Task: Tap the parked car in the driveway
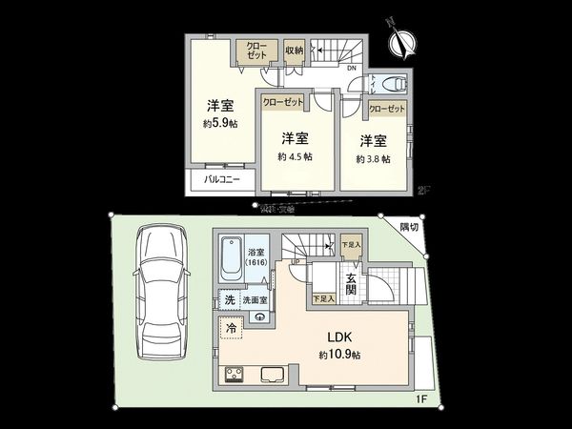click(158, 293)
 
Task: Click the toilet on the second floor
click(392, 84)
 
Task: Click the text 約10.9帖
click(341, 355)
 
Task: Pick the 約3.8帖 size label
click(373, 158)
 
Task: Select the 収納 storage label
click(293, 50)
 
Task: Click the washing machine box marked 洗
click(229, 299)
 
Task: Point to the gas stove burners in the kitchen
click(234, 375)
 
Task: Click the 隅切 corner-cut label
click(408, 226)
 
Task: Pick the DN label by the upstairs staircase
click(351, 68)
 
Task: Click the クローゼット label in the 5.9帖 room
click(257, 51)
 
